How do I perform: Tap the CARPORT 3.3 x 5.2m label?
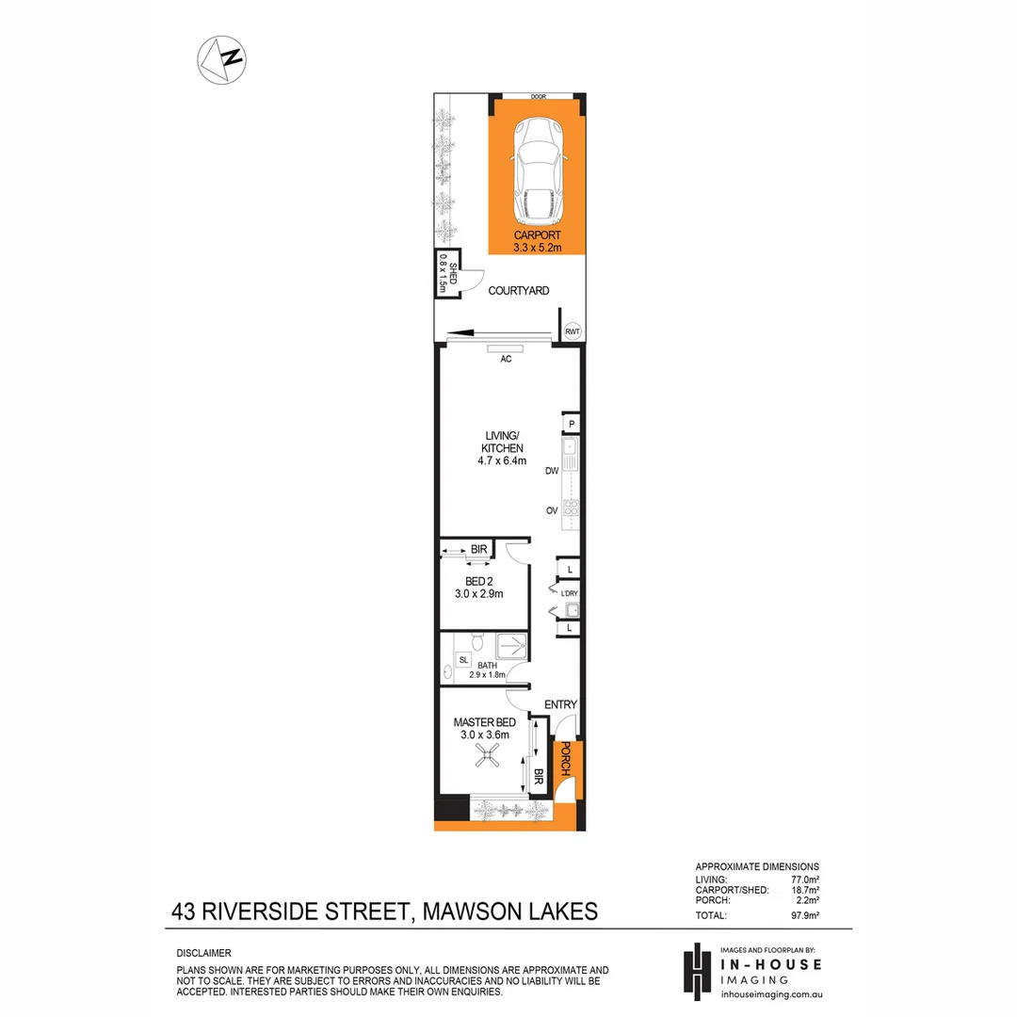538,241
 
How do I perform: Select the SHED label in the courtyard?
453,274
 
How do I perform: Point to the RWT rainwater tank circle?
572,331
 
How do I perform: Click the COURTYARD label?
518,291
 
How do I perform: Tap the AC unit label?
506,359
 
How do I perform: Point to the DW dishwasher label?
552,471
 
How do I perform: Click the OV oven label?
552,510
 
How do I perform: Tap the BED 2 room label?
485,587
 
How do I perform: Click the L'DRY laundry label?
569,593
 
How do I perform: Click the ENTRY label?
560,704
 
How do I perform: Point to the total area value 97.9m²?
804,914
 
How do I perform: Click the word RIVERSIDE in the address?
308,912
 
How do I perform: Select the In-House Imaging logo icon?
695,971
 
